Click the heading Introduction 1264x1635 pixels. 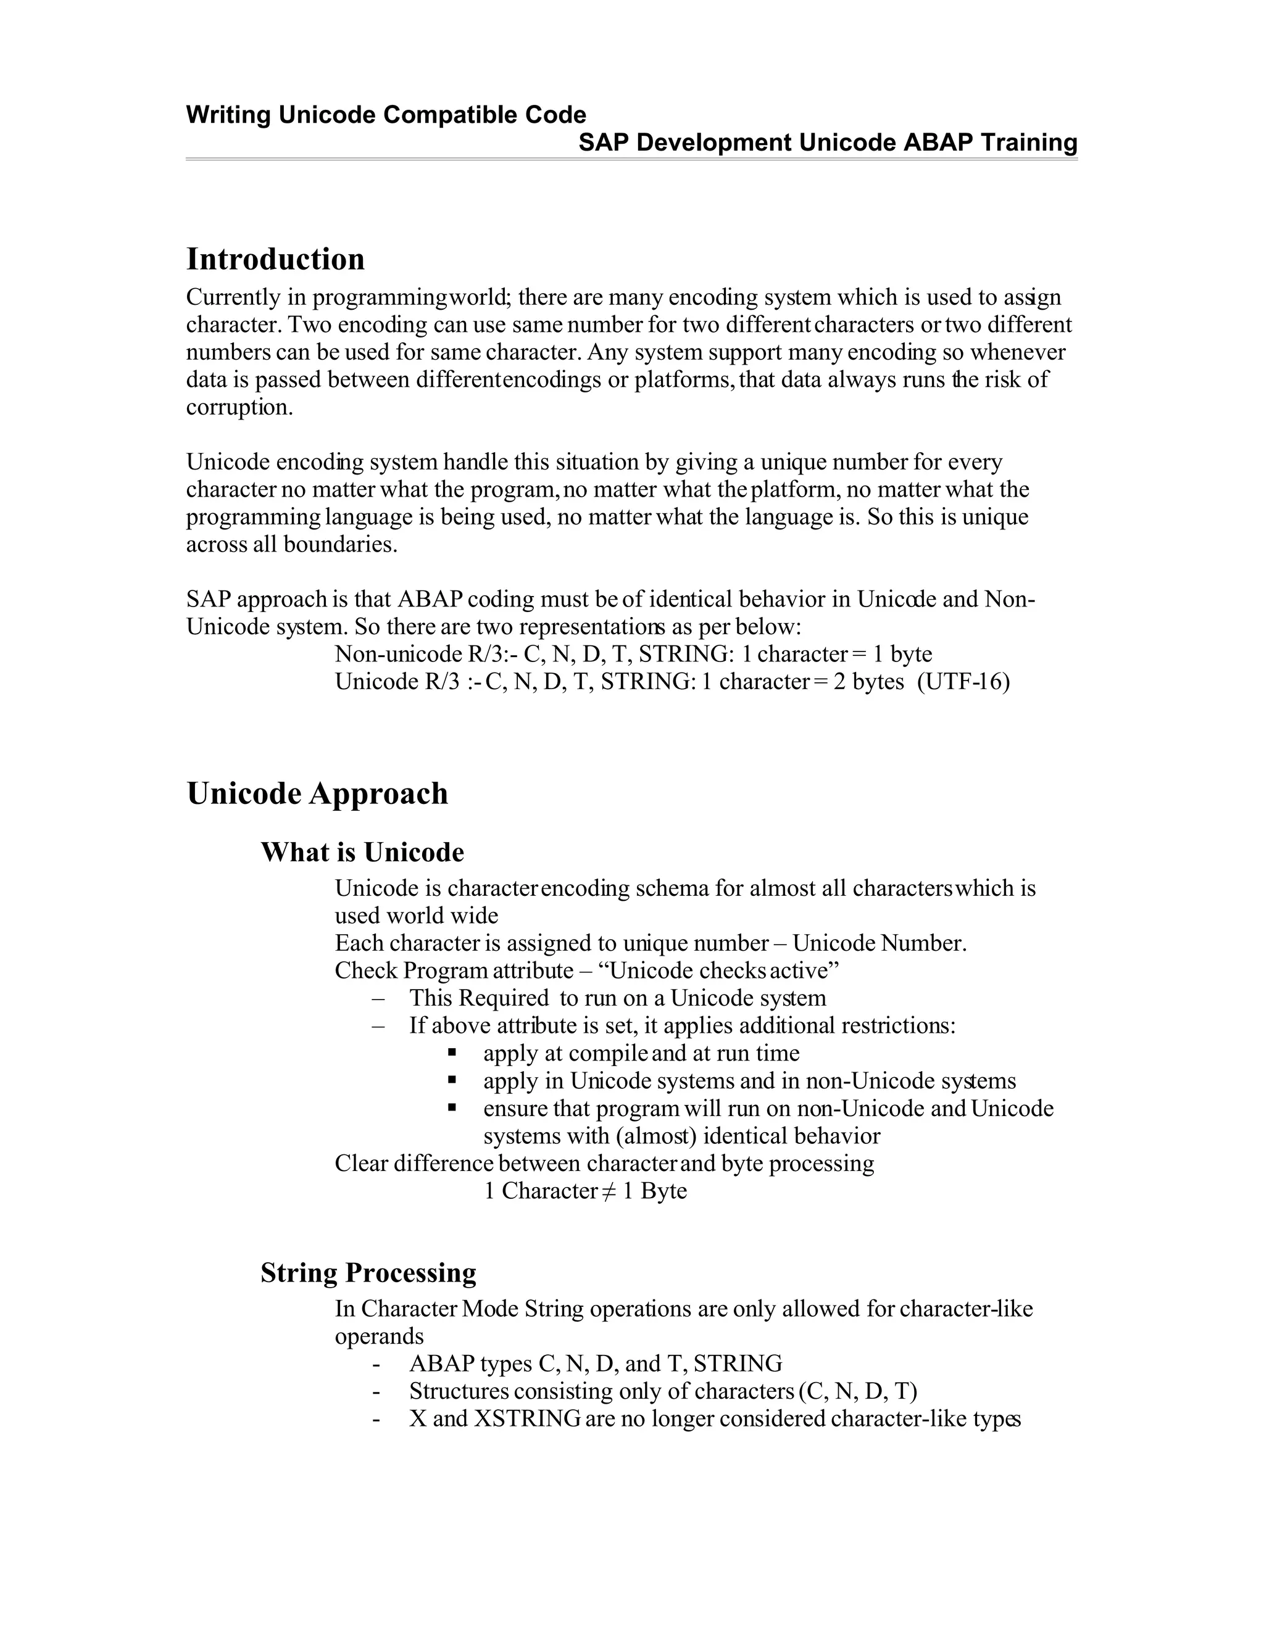(275, 259)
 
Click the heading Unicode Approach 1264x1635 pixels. (317, 793)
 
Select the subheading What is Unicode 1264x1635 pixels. (362, 852)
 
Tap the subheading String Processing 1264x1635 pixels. (368, 1273)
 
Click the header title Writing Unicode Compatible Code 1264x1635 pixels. (386, 115)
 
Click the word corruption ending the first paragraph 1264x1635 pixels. (238, 407)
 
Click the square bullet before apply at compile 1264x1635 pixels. (452, 1052)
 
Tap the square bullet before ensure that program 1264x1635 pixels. (452, 1107)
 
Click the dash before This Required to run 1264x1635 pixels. (378, 998)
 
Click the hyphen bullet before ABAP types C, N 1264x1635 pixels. (376, 1364)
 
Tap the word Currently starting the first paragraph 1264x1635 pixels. (233, 297)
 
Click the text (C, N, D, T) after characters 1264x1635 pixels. (857, 1391)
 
